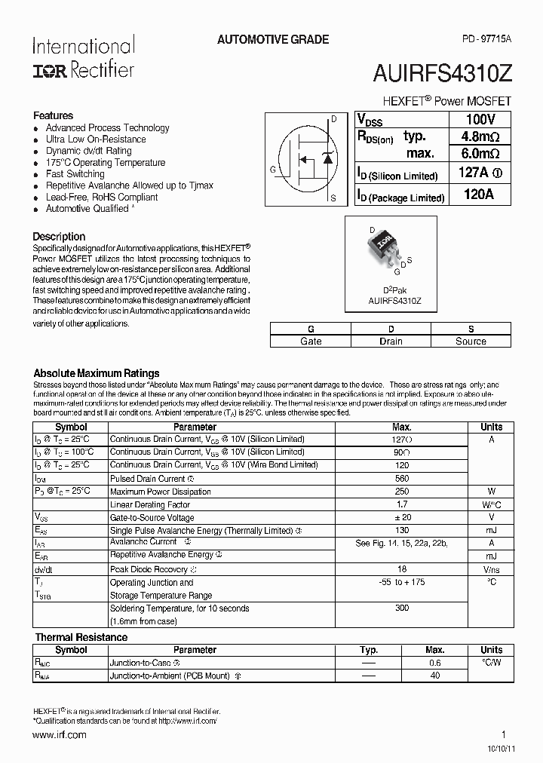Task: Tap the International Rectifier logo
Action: point(83,57)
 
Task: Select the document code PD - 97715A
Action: point(486,39)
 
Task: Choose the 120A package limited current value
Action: point(479,195)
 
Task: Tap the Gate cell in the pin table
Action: point(311,342)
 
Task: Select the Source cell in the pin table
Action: point(471,342)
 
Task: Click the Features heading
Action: point(53,115)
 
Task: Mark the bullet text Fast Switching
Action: point(75,174)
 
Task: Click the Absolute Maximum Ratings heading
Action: point(97,373)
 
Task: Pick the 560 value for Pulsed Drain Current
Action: point(402,479)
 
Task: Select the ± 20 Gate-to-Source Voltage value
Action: point(402,517)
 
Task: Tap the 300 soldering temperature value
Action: point(402,608)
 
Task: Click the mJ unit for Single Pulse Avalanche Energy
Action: point(491,531)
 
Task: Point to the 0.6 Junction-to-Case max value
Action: point(434,663)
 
